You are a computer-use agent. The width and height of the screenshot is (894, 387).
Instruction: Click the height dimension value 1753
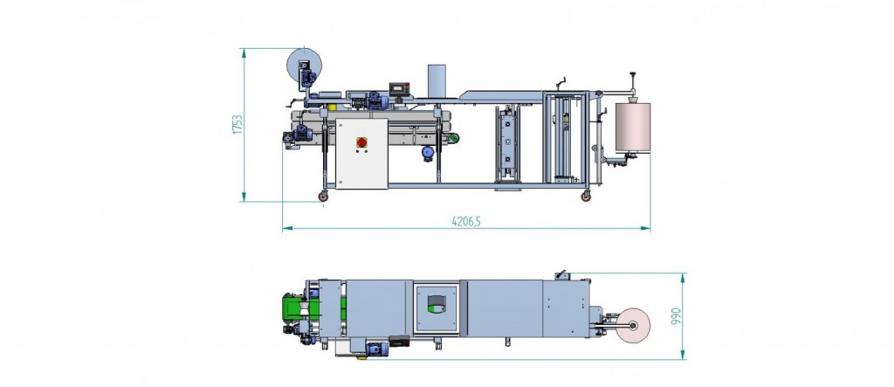click(x=237, y=125)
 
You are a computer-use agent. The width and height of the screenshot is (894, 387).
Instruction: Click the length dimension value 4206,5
click(x=466, y=221)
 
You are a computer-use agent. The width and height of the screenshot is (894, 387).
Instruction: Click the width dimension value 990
click(x=677, y=316)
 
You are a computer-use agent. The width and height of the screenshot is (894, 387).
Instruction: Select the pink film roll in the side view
click(x=633, y=127)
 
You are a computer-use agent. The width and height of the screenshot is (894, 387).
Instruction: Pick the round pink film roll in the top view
click(x=633, y=325)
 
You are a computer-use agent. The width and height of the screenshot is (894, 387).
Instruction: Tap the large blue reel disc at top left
click(x=304, y=66)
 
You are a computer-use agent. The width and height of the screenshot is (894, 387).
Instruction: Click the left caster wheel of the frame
click(x=323, y=196)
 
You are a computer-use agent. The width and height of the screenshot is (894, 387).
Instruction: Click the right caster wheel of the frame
click(x=586, y=196)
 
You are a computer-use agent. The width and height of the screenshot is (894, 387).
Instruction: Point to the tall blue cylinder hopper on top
click(x=437, y=81)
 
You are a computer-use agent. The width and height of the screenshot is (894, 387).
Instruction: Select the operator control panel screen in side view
click(x=399, y=89)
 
